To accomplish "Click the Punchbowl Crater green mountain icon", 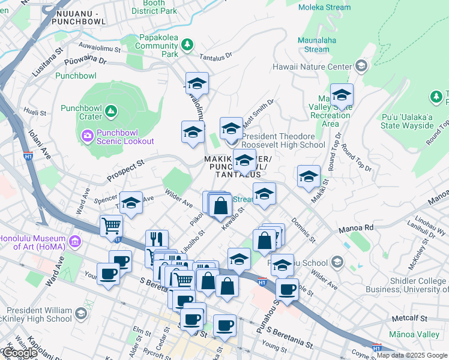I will click(110, 111).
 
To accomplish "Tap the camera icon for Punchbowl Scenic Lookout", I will click(87, 136).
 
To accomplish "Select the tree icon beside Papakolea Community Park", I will click(187, 44).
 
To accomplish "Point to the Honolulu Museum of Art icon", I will click(75, 242).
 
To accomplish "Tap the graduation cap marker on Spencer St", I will click(131, 204).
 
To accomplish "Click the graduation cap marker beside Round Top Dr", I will click(342, 95).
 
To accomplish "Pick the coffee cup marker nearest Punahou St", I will click(288, 289).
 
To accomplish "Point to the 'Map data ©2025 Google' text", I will click(411, 355).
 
